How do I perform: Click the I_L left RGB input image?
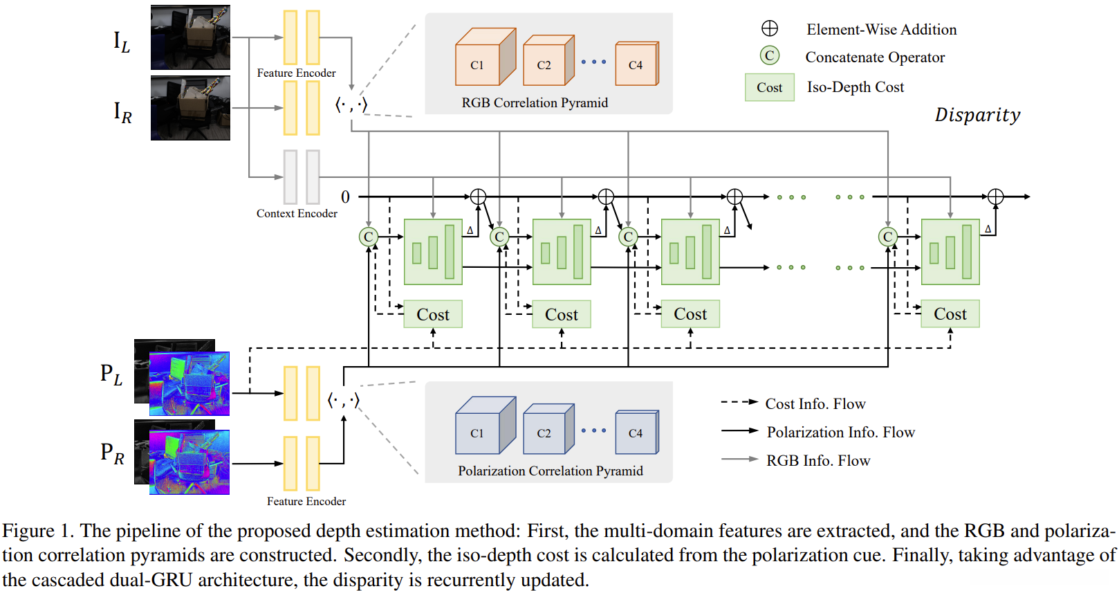(x=190, y=37)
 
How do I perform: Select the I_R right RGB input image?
(x=190, y=108)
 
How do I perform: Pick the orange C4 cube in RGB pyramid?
(x=636, y=64)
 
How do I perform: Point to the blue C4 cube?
(x=636, y=433)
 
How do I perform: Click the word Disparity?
(x=977, y=115)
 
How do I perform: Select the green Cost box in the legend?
(x=769, y=87)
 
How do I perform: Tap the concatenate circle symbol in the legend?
(x=769, y=55)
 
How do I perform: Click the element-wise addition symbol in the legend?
(x=769, y=28)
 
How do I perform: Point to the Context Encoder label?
(x=297, y=214)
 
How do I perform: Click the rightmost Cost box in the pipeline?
(x=950, y=314)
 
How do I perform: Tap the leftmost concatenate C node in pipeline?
(x=369, y=237)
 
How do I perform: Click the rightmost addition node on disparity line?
(x=995, y=197)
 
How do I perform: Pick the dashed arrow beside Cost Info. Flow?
(x=739, y=402)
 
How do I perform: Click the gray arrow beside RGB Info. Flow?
(x=739, y=459)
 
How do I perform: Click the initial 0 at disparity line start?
(x=345, y=197)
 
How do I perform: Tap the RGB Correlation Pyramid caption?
(x=535, y=103)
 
